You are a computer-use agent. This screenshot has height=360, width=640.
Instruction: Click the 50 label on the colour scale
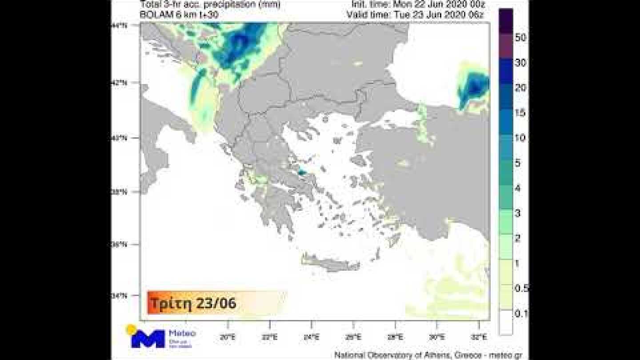[x=520, y=38]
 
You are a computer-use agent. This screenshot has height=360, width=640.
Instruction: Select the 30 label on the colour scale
[x=520, y=63]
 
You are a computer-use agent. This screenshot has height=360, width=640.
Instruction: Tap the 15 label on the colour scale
[x=520, y=113]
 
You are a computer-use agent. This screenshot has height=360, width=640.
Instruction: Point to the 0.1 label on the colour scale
[x=521, y=314]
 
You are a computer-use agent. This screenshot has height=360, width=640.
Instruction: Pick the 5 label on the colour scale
[x=518, y=163]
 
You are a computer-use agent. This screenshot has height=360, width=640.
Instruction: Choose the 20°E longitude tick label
[x=227, y=337]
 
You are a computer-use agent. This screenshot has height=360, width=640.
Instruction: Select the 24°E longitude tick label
[x=311, y=337]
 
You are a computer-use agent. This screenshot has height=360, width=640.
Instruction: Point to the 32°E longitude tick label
[x=480, y=337]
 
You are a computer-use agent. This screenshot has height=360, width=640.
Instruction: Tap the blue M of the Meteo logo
[x=148, y=339]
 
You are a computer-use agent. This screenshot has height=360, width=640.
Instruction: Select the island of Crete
[x=331, y=263]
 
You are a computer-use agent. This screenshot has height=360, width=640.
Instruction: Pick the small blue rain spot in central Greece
[x=302, y=172]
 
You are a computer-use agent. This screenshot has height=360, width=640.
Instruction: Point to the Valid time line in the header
[x=415, y=14]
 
